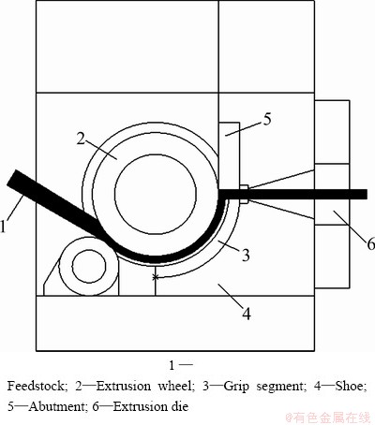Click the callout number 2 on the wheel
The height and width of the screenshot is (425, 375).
pyautogui.click(x=81, y=139)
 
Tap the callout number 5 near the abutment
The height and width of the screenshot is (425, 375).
pyautogui.click(x=266, y=119)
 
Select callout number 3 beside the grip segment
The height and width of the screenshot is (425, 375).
pyautogui.click(x=246, y=256)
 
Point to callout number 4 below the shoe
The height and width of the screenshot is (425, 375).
pyautogui.click(x=247, y=314)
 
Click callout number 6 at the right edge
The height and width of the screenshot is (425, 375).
pyautogui.click(x=370, y=243)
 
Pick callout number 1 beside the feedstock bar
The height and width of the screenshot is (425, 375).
pyautogui.click(x=3, y=227)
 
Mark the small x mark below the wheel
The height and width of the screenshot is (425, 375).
pyautogui.click(x=155, y=277)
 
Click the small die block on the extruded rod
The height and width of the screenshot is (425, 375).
pyautogui.click(x=244, y=194)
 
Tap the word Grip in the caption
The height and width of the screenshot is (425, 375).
pyautogui.click(x=236, y=387)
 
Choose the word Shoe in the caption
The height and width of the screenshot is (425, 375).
pyautogui.click(x=351, y=387)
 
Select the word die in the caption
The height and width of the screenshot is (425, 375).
pyautogui.click(x=181, y=406)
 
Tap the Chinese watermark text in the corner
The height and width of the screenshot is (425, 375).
pyautogui.click(x=331, y=418)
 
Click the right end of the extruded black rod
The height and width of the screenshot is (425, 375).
pyautogui.click(x=367, y=194)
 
